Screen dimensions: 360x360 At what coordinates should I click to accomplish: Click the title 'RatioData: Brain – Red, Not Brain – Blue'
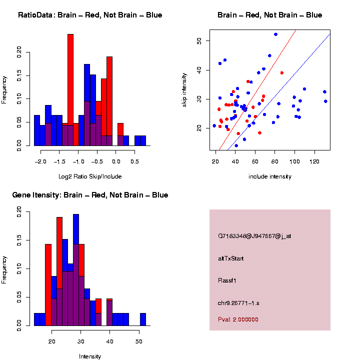[x=90, y=15]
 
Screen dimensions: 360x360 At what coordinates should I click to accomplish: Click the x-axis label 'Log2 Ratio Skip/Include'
[x=90, y=176]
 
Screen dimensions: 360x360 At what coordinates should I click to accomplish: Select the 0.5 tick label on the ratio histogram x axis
[x=134, y=161]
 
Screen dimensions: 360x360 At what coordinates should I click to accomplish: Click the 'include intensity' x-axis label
[x=270, y=176]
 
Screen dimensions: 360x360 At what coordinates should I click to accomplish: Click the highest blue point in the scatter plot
[x=275, y=34]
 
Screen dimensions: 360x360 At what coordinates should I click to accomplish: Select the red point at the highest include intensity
[x=282, y=72]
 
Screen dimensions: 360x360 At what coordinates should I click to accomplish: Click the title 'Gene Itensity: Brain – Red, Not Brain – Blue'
[x=90, y=195]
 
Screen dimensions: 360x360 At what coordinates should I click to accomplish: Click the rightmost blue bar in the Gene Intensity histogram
[x=142, y=319]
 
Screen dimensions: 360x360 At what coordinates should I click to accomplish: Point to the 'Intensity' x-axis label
[x=90, y=356]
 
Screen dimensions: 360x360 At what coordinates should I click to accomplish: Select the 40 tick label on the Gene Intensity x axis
[x=109, y=341]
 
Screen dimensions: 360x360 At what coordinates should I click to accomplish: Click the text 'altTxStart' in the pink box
[x=231, y=258]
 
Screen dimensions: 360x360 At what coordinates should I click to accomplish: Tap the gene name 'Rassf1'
[x=227, y=280]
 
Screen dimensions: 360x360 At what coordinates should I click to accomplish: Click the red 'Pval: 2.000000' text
[x=238, y=319]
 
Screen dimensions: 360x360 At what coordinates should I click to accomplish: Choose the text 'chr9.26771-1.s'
[x=238, y=303]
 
